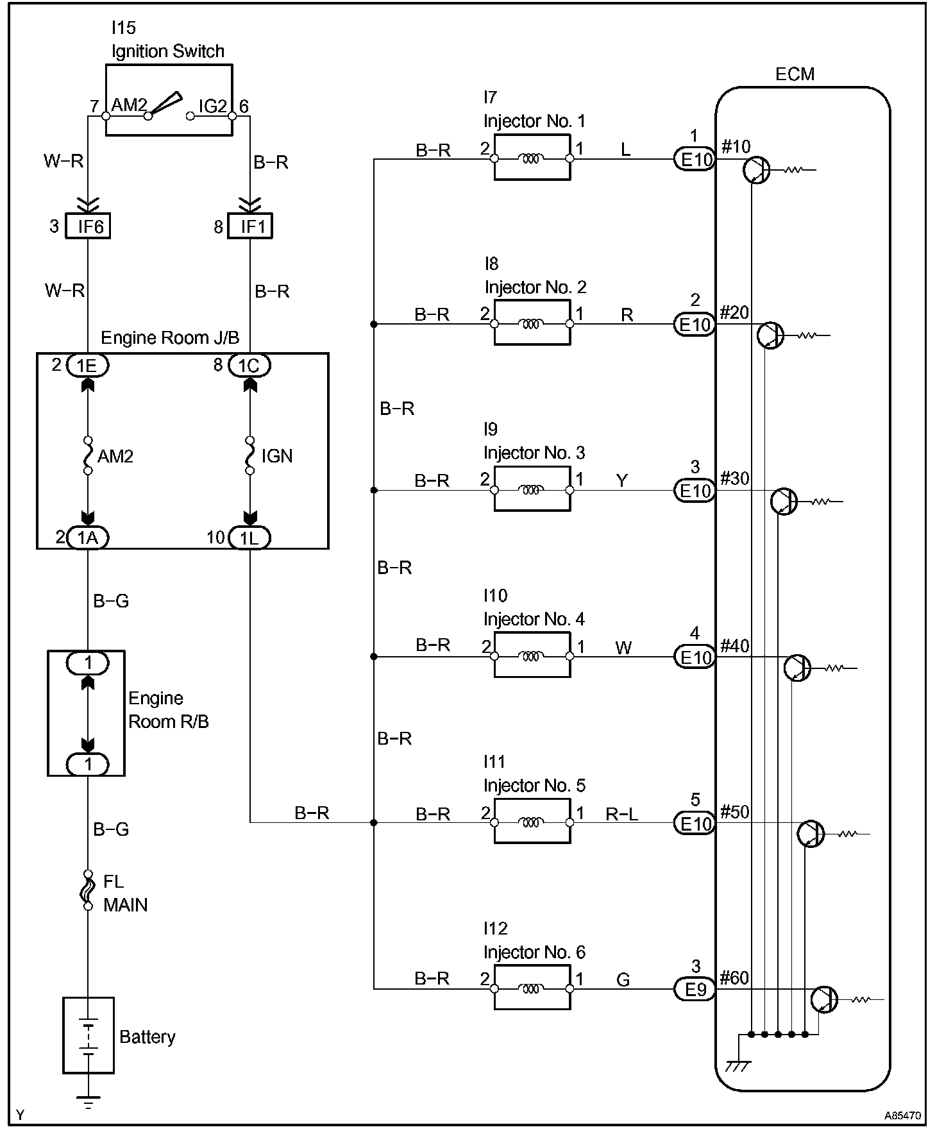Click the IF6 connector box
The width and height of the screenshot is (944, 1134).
point(88,226)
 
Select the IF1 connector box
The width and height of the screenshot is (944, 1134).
point(250,226)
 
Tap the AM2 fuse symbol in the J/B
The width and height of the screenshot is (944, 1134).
point(88,455)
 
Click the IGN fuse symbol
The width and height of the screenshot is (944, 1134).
point(250,455)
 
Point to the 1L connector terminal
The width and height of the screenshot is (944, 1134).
point(249,537)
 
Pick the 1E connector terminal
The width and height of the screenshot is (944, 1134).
point(88,365)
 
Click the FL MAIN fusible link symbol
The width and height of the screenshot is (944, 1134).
point(88,890)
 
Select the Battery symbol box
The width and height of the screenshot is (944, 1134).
point(88,1035)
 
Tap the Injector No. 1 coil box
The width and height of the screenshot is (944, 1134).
point(532,157)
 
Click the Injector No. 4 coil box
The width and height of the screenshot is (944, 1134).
point(532,655)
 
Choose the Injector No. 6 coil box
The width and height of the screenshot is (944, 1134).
point(532,988)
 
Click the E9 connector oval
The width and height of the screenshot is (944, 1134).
point(695,990)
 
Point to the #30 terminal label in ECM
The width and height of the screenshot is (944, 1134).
point(734,478)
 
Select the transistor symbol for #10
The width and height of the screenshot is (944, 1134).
point(757,171)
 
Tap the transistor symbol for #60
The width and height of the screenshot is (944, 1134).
point(824,1000)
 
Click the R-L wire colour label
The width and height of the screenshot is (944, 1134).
point(622,814)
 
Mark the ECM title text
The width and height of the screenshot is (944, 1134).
point(795,74)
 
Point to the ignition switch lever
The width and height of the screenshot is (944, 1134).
point(165,104)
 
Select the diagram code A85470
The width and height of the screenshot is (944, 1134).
point(902,1115)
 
